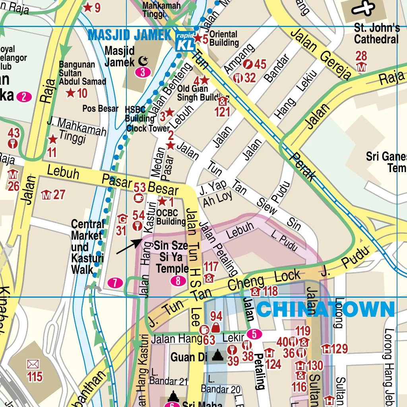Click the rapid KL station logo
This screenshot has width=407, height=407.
tap(185, 41)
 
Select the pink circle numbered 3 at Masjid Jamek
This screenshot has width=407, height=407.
tap(142, 72)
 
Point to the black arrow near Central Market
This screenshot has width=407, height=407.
tap(130, 246)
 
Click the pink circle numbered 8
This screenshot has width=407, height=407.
tap(178, 281)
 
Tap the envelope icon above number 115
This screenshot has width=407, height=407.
tap(33, 364)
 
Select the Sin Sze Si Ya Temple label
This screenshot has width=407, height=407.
tap(171, 257)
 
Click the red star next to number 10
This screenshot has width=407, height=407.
tap(70, 93)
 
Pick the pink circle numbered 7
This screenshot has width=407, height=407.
tap(115, 283)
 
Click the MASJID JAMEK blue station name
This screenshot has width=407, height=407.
tap(130, 35)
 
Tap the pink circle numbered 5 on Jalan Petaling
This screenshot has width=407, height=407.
tap(254, 334)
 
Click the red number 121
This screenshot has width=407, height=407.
tap(223, 112)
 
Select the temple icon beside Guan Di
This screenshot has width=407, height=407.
tap(217, 356)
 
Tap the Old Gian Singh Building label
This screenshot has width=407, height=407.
tap(198, 93)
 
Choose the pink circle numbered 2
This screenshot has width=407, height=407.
tap(25, 97)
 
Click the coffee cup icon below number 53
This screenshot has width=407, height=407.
tap(139, 197)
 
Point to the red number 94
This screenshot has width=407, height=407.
tap(216, 317)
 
